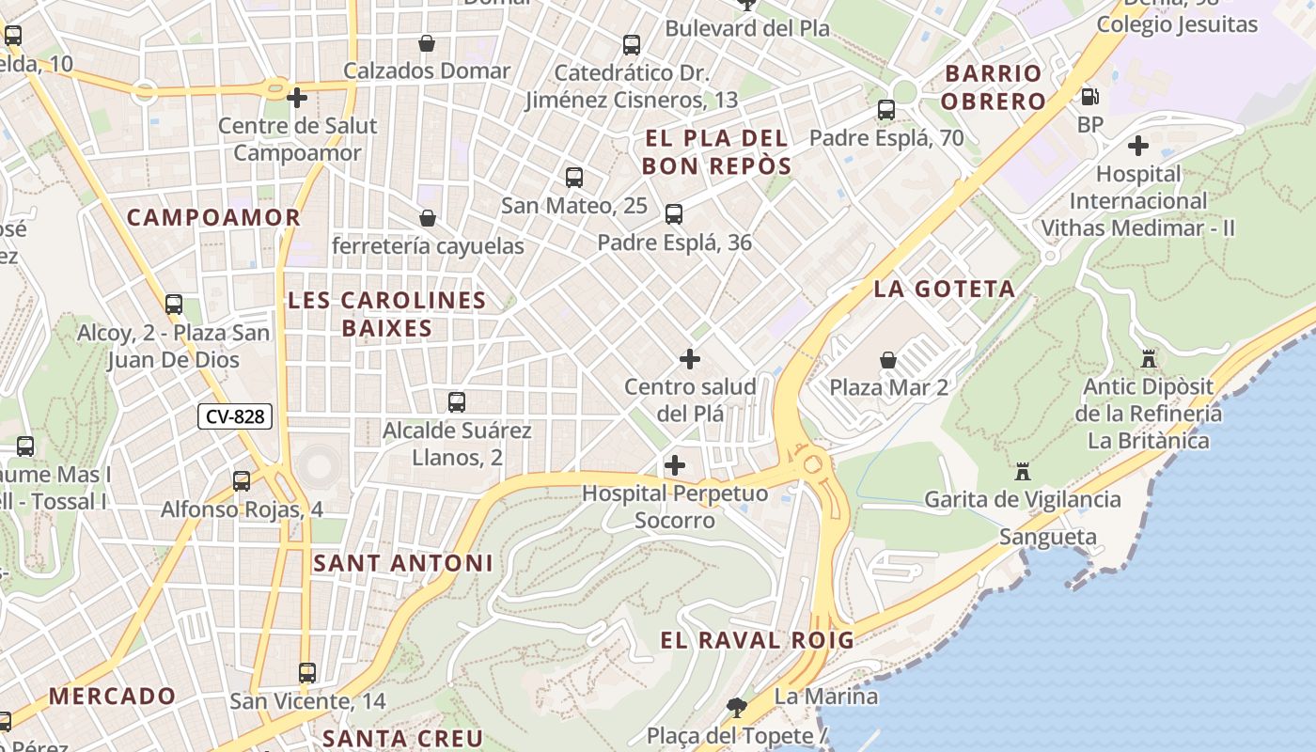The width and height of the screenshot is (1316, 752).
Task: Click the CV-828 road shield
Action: (235, 416)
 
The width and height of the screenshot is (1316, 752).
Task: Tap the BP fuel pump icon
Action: (1090, 96)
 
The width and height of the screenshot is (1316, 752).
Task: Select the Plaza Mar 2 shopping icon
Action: (887, 360)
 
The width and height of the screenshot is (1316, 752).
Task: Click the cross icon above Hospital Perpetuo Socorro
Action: (674, 465)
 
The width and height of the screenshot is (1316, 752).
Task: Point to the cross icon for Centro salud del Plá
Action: (690, 359)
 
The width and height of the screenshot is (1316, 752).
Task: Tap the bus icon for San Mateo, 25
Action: (573, 177)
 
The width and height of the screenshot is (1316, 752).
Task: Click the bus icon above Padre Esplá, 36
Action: (673, 214)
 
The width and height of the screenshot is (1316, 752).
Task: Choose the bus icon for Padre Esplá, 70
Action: (885, 109)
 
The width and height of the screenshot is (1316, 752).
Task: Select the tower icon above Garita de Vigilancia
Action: (1023, 471)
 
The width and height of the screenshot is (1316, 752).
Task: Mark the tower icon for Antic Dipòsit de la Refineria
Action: (1148, 358)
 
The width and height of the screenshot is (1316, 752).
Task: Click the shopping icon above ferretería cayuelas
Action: (428, 218)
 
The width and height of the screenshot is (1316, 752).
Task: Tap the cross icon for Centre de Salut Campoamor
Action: (297, 97)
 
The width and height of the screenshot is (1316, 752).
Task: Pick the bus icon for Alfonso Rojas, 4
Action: (242, 481)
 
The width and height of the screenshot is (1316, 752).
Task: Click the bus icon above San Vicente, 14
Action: (307, 673)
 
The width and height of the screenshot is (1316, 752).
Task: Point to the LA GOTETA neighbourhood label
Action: (945, 289)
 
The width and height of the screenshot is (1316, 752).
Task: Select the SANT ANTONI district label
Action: (402, 563)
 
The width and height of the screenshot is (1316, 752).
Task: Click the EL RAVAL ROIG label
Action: (757, 641)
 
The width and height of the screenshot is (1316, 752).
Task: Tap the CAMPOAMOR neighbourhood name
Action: (213, 217)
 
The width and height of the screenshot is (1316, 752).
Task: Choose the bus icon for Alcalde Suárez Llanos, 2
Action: (457, 402)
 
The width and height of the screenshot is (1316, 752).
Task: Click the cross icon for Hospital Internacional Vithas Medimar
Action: (1138, 146)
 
